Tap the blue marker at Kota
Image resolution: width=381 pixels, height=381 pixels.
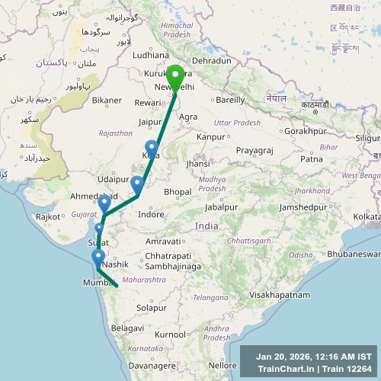[x=151, y=148]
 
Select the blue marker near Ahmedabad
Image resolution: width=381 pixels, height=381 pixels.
[x=104, y=203]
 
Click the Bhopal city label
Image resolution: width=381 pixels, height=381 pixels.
[x=178, y=190]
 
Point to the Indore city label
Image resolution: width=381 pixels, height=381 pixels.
[x=152, y=215]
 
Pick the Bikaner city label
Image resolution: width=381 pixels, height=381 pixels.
[x=107, y=100]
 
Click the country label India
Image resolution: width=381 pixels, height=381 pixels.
[x=206, y=226]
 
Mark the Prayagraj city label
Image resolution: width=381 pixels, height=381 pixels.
[x=254, y=150]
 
